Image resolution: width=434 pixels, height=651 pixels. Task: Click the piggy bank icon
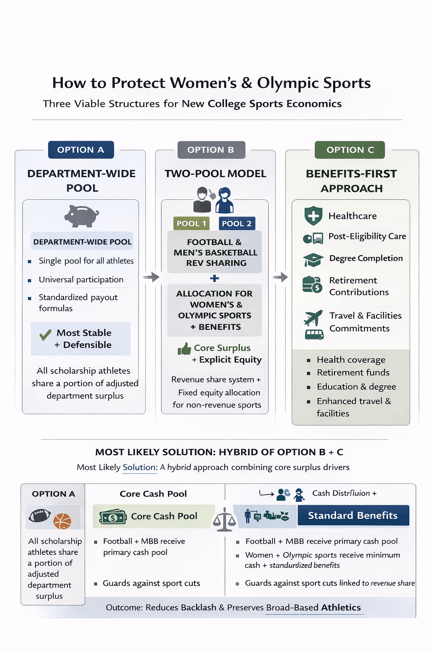point(81,216)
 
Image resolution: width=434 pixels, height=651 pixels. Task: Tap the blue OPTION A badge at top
point(81,150)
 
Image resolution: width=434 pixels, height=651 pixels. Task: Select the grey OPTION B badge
point(211,150)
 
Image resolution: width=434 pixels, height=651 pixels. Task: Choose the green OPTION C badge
point(350,150)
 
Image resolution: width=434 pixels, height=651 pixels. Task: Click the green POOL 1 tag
point(191,223)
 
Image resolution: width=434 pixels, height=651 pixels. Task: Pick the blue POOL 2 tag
point(236,223)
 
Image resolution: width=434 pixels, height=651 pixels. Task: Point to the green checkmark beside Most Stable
point(45,335)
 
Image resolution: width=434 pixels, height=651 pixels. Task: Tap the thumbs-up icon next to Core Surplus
point(184,349)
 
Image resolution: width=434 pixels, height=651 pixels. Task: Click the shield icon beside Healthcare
point(313,216)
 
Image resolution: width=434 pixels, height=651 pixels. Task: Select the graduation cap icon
point(313,259)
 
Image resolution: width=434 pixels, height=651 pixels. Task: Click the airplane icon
point(313,317)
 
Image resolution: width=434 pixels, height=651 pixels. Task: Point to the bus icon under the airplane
point(314,335)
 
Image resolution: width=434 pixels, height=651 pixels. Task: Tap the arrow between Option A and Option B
point(151,277)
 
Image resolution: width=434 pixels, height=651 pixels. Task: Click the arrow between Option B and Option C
point(280,277)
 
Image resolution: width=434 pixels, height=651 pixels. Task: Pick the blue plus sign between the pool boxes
point(214,278)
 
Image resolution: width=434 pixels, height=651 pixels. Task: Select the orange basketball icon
point(62,521)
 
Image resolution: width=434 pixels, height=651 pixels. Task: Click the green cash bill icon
point(113,517)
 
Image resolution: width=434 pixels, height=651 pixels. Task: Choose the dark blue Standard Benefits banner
point(353,515)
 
